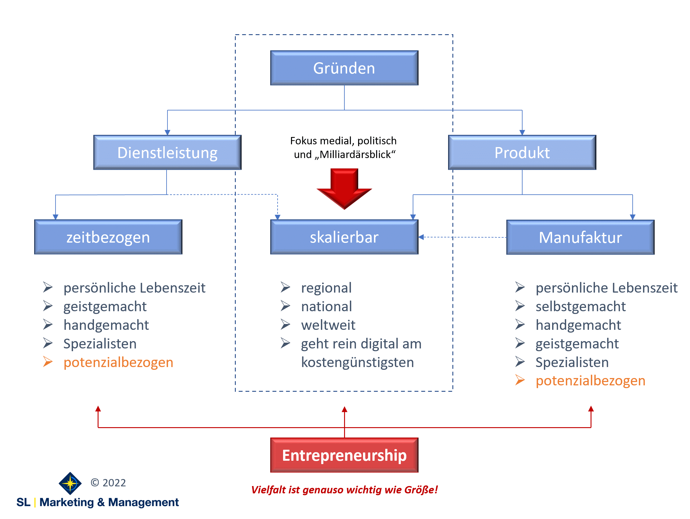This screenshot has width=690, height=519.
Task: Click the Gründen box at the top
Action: click(x=344, y=68)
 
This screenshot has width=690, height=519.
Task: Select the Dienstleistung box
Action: click(x=167, y=153)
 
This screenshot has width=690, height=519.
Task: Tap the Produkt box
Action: click(x=522, y=153)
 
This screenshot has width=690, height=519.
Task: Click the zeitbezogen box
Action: click(x=108, y=237)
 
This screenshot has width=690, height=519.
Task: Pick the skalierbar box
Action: click(x=344, y=237)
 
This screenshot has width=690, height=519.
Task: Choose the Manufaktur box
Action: click(x=580, y=237)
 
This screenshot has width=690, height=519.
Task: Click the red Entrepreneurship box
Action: click(x=344, y=455)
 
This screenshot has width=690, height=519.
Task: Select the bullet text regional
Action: click(x=326, y=288)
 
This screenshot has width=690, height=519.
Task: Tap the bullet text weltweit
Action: click(x=328, y=325)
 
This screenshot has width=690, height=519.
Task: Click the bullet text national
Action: click(x=326, y=306)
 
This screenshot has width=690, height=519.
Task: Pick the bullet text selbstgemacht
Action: click(x=580, y=306)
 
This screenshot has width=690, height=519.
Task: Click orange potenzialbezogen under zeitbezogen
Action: click(x=118, y=362)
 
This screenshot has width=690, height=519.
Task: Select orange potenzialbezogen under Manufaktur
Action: click(x=590, y=381)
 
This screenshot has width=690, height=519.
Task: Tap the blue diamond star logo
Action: click(x=70, y=483)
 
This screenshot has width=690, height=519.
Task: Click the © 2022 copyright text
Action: click(x=108, y=483)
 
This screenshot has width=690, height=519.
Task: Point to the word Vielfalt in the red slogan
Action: click(x=268, y=490)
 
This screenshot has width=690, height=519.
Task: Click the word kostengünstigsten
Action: click(x=357, y=362)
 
